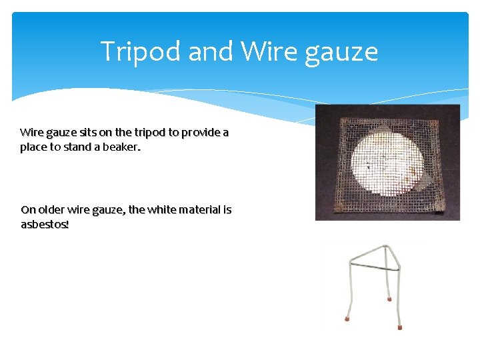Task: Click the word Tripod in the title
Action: tap(140, 51)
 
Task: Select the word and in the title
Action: tap(212, 51)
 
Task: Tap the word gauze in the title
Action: tap(341, 51)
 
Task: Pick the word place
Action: tap(33, 147)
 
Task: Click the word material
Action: tap(201, 209)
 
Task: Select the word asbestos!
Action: tap(45, 224)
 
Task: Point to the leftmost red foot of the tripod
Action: tap(347, 318)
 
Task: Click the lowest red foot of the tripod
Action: tap(400, 327)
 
